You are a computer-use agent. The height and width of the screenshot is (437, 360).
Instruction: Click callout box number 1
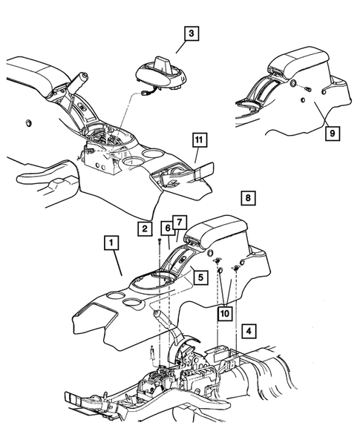pyautogui.click(x=111, y=243)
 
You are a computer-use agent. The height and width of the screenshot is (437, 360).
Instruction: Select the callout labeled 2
pyautogui.click(x=145, y=229)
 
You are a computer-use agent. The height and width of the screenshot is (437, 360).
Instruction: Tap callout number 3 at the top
pyautogui.click(x=192, y=33)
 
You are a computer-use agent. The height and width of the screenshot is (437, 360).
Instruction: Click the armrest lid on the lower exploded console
pyautogui.click(x=225, y=227)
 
